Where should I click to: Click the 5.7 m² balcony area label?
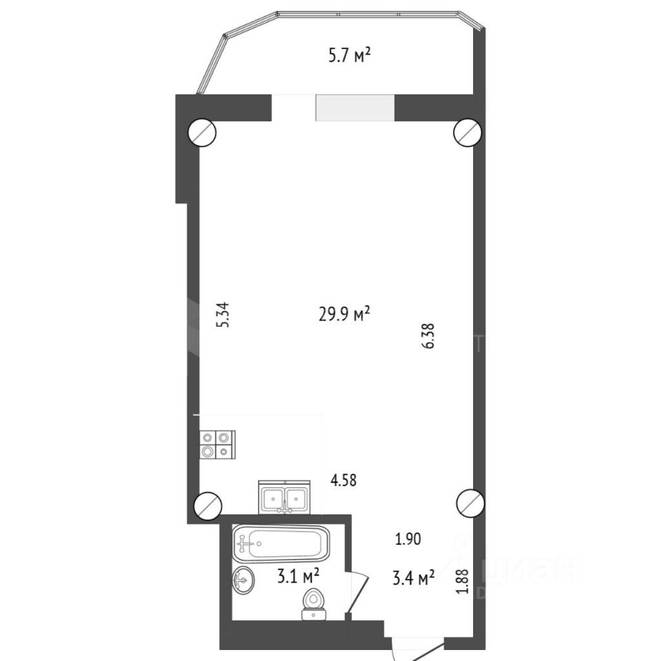pyautogui.click(x=350, y=55)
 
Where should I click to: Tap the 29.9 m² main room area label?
pyautogui.click(x=344, y=314)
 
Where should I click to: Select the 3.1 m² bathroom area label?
pyautogui.click(x=298, y=576)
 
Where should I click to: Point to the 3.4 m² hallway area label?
pyautogui.click(x=414, y=578)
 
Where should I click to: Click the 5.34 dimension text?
pyautogui.click(x=222, y=315)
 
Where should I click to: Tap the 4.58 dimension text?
pyautogui.click(x=343, y=480)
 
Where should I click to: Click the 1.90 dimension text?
pyautogui.click(x=408, y=539)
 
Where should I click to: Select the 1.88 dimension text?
pyautogui.click(x=463, y=581)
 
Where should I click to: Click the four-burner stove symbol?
pyautogui.click(x=218, y=445)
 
